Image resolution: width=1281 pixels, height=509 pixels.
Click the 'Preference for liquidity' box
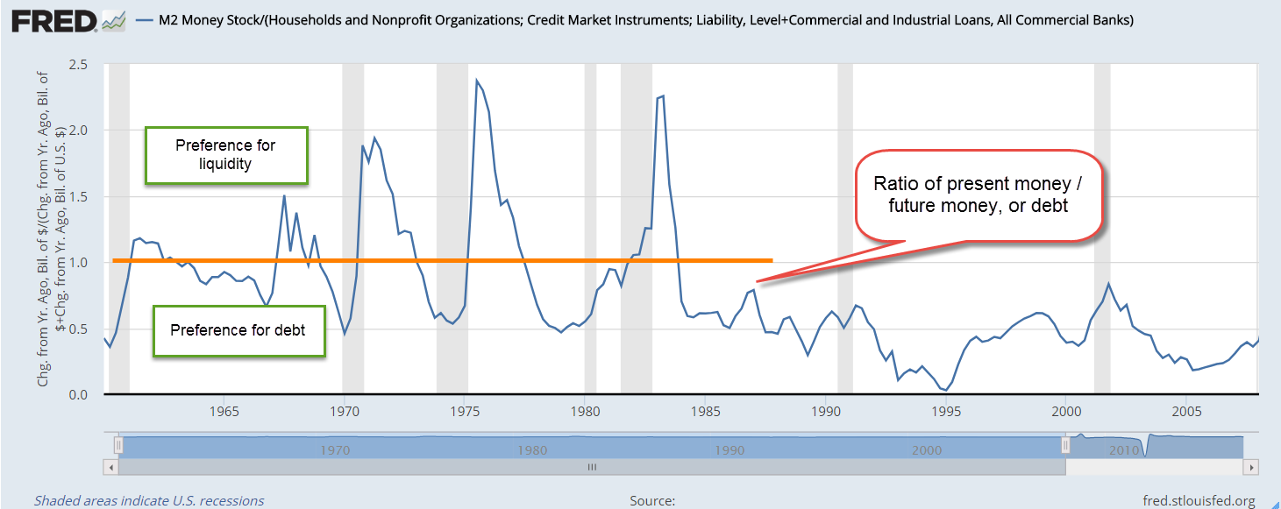226,155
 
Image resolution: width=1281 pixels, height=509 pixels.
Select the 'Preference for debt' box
239,330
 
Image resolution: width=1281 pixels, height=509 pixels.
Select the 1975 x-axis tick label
465,411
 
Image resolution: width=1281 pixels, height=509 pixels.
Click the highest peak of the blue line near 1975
477,81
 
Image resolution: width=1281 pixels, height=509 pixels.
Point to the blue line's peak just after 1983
663,95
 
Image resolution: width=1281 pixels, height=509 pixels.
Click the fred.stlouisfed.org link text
1199,500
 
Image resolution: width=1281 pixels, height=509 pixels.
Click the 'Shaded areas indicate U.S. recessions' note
148,500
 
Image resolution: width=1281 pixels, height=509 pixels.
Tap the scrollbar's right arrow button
1251,468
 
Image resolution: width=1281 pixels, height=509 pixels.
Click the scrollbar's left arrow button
110,468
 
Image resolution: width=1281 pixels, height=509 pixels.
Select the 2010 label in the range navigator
1123,449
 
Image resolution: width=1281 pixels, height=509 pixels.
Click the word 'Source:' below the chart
651,500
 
